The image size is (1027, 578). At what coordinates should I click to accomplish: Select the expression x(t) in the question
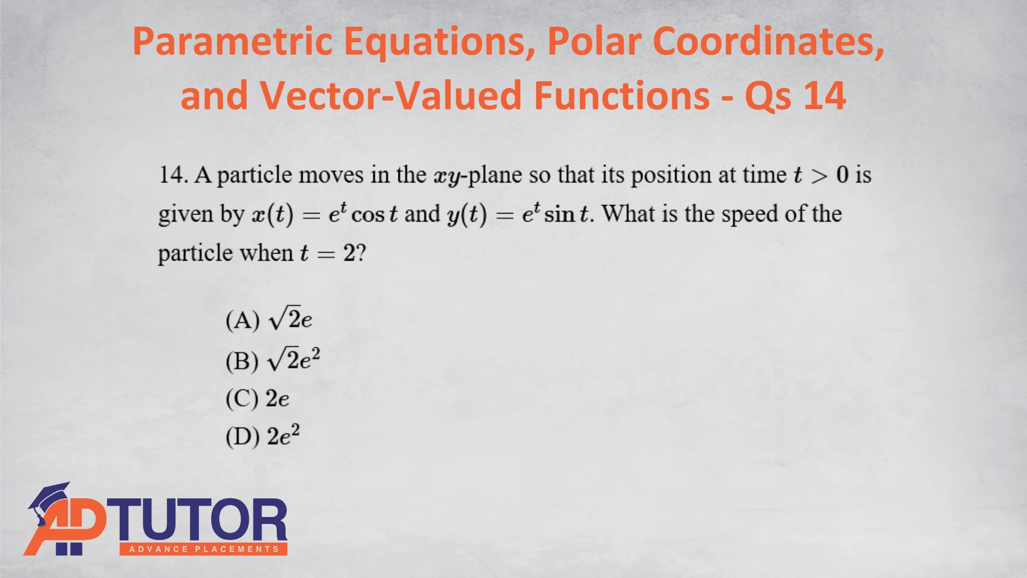[273, 215]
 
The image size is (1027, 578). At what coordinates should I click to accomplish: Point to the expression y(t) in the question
[467, 215]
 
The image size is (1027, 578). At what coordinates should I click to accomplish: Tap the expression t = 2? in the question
[333, 253]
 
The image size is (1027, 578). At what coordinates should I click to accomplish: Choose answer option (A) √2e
[269, 319]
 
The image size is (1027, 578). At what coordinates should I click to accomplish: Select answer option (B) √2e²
[273, 359]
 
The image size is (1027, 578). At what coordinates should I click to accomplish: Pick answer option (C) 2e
[257, 399]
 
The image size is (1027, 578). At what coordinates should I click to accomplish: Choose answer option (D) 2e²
[263, 436]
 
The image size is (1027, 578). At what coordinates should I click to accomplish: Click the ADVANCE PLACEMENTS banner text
[204, 549]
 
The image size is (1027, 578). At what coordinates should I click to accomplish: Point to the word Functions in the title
[622, 95]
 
